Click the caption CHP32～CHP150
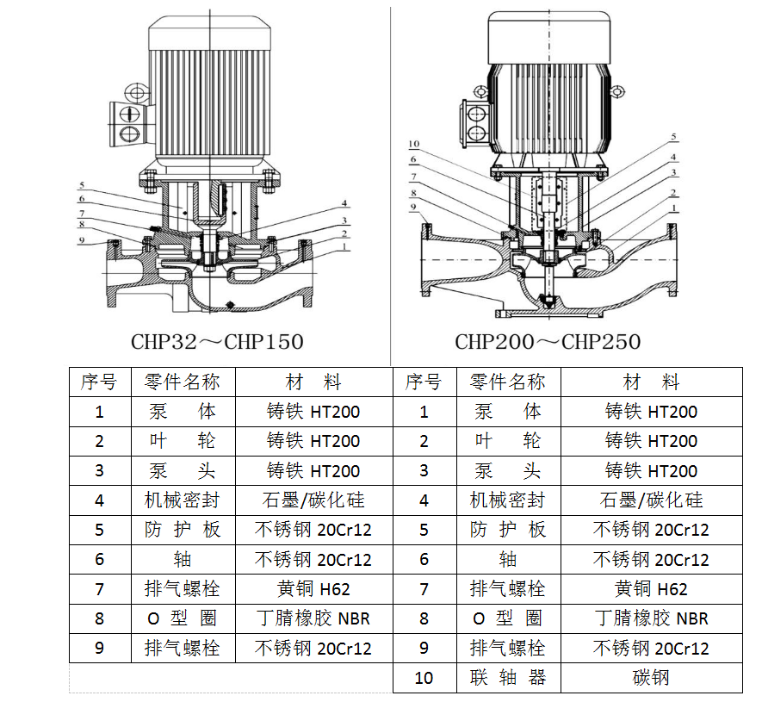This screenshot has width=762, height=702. [217, 342]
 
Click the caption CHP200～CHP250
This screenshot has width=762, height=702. [548, 342]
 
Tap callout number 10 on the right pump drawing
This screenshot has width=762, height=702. [413, 144]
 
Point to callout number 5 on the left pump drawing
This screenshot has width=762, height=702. [82, 185]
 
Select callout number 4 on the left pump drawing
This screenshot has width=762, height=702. [344, 203]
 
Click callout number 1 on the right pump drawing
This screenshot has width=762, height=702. [673, 208]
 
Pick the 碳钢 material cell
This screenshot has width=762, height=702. [651, 677]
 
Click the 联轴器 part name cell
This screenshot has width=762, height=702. [508, 677]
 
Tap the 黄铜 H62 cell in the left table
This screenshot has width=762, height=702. [313, 589]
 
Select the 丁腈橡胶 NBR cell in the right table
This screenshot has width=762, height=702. [651, 618]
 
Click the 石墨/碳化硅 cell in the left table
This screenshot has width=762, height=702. [313, 500]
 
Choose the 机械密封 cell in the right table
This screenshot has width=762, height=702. [508, 500]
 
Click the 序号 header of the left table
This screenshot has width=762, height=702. [100, 382]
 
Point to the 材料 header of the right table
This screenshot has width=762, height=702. [651, 382]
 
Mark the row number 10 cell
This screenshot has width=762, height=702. [424, 677]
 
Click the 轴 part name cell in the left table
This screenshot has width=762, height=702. [183, 560]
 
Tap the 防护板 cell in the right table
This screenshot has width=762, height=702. [508, 530]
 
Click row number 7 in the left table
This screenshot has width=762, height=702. [100, 589]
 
